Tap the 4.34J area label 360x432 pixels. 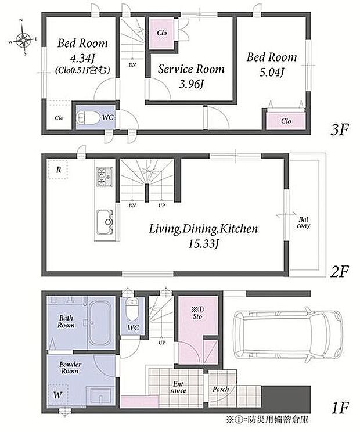82,59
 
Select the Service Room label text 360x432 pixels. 191,69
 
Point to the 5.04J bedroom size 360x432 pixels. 271,73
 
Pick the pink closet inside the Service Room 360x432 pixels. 161,33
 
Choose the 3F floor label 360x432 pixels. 340,129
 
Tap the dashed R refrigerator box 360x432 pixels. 58,170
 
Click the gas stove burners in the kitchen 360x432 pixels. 105,177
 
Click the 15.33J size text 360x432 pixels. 203,243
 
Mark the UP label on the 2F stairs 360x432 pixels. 161,206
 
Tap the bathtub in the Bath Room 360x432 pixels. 100,322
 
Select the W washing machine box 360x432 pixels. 58,395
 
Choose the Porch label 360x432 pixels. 220,389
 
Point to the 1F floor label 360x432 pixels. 339,408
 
